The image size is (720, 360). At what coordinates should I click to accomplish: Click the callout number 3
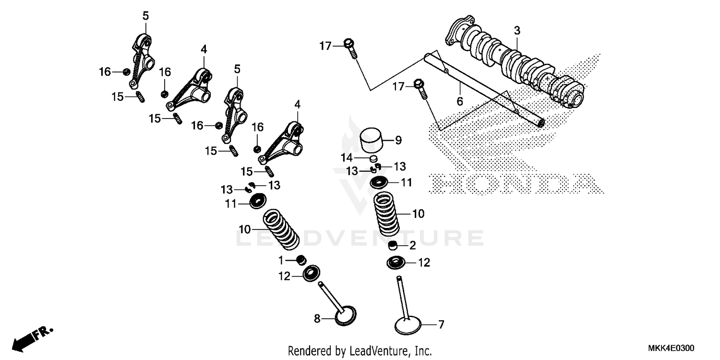coord(517,31)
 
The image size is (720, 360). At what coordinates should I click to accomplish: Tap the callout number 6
coord(459,101)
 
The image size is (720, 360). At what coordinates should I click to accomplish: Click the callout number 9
coord(398,141)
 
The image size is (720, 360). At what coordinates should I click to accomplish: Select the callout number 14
coord(347,157)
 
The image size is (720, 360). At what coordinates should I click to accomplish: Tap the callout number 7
coord(441,325)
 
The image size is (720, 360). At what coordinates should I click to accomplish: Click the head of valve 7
coord(408,326)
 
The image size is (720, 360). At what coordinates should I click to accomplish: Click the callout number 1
coord(282,260)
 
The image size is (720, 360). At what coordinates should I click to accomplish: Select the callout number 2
coord(412,246)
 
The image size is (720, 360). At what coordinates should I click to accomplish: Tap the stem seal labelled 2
coord(394,247)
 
